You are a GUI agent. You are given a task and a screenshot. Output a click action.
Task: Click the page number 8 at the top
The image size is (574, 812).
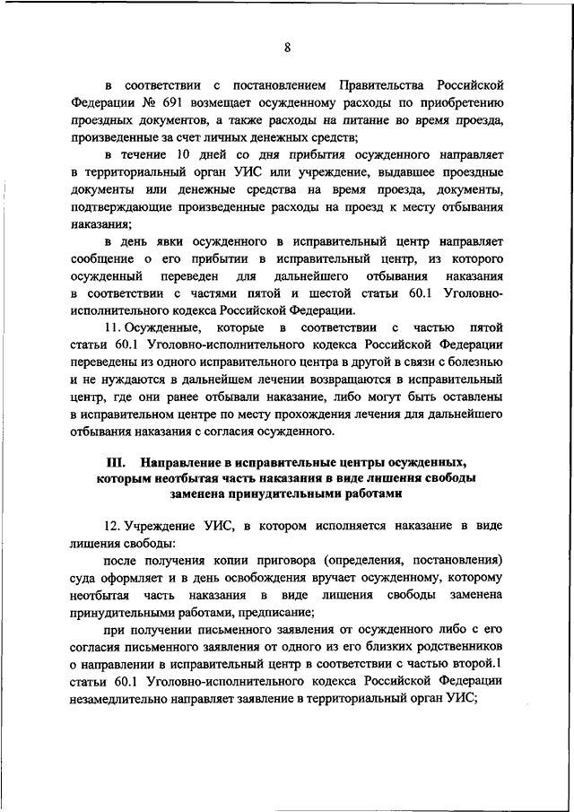pyautogui.click(x=287, y=48)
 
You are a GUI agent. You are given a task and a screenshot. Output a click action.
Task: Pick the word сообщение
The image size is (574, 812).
pyautogui.click(x=99, y=258)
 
